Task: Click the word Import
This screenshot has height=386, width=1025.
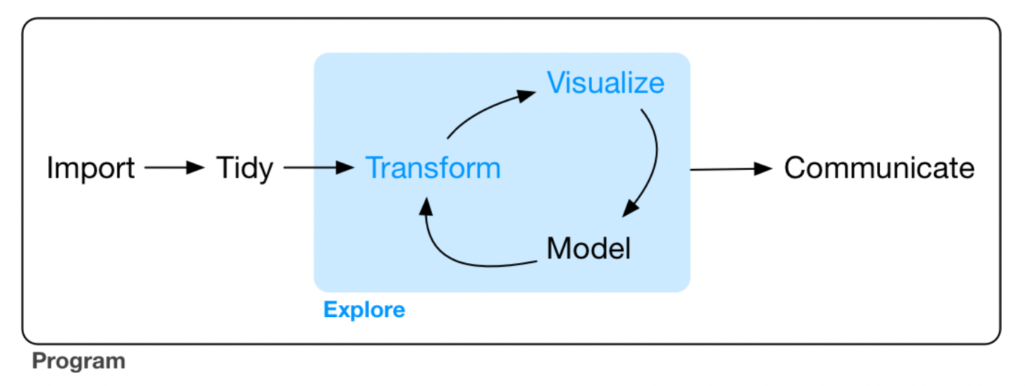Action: coord(90,168)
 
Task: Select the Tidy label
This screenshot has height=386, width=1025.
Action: coord(244,168)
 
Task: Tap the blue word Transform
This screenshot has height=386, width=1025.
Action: coord(433,168)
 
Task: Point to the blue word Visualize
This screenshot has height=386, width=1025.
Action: coord(606,83)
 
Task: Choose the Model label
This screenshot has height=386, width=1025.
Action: coord(588,248)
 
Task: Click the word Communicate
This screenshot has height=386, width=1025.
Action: coord(879,168)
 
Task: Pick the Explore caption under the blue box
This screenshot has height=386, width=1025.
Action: coord(364,310)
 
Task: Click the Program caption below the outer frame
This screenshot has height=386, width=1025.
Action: coord(79,361)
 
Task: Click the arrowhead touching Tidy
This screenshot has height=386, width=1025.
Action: coord(196,168)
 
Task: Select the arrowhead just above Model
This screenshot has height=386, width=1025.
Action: coord(632,207)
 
